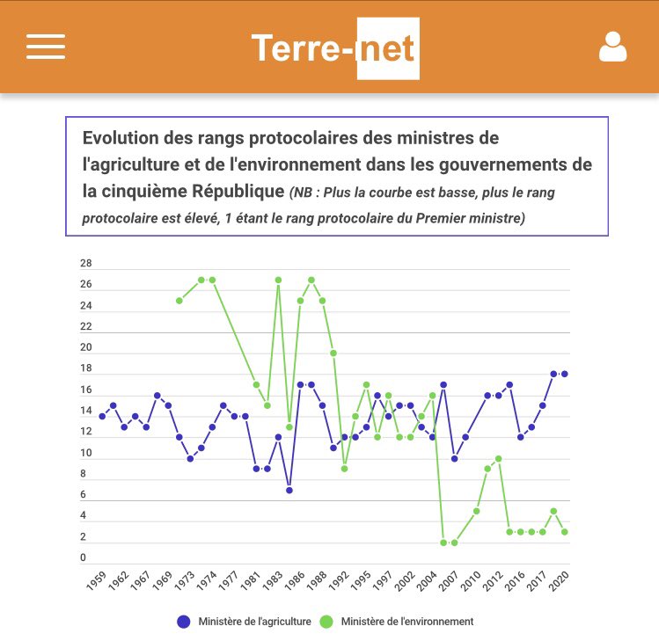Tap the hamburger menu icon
pos(46,47)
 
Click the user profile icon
pos(612,47)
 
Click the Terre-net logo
pos(334,47)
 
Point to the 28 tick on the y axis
pos(86,264)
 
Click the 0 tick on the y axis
pos(84,557)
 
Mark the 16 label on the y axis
pos(86,390)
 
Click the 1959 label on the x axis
pos(96,583)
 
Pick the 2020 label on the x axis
pos(558,583)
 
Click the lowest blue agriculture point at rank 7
pos(289,490)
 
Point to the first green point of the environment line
pos(179,301)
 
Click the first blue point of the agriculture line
pos(102,416)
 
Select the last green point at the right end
pos(565,532)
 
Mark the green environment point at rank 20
pos(333,353)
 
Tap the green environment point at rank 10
pos(499,458)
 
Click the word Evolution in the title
pos(117,139)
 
